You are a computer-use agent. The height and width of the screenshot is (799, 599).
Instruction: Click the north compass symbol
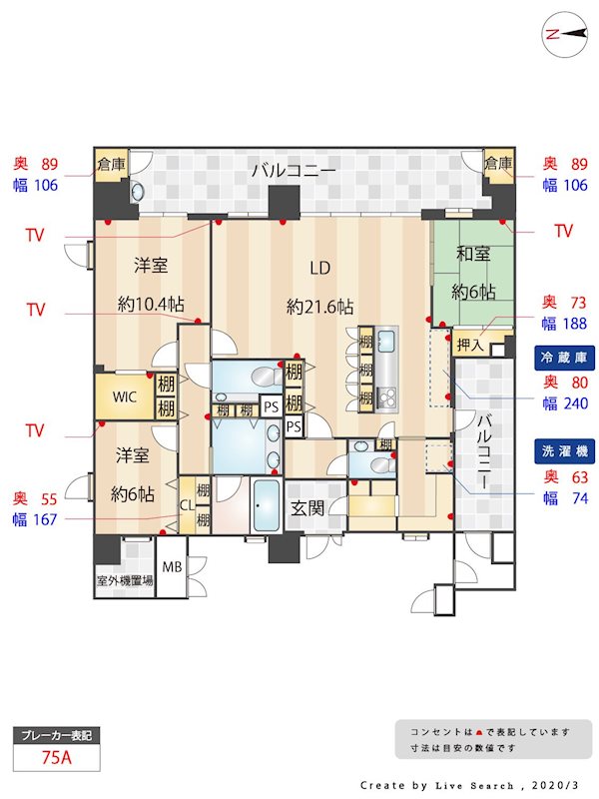[x=564, y=33]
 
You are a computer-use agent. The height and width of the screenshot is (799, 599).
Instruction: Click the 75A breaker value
[x=58, y=758]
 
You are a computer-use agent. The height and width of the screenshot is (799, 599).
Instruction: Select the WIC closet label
[x=124, y=397]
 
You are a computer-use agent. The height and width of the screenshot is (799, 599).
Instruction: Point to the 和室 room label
[x=474, y=254]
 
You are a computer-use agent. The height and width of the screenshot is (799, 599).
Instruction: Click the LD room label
[x=319, y=268]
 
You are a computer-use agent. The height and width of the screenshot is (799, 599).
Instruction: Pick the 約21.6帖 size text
[x=319, y=307]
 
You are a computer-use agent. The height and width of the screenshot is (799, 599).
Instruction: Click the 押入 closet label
[x=468, y=345]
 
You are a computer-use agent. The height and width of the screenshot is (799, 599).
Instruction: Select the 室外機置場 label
[x=125, y=579]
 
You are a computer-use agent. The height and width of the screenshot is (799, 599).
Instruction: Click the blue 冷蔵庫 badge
[x=561, y=357]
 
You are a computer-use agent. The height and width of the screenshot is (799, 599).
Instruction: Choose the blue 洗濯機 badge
[x=561, y=450]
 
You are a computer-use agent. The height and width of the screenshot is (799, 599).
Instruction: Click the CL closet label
[x=186, y=504]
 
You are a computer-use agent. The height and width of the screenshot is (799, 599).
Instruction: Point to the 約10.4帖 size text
[x=151, y=305]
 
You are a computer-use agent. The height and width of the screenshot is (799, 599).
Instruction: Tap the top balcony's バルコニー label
[x=293, y=170]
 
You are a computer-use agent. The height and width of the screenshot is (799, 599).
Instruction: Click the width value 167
[x=46, y=518]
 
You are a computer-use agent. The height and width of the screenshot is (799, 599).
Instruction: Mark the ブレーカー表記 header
[x=58, y=735]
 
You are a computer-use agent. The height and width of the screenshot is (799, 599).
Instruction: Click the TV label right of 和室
[x=564, y=231]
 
